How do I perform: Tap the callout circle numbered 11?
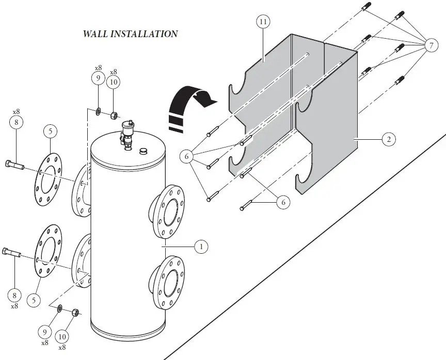pos(263,22)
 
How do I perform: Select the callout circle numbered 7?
pos(431,46)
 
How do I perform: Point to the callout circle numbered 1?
pos(201,247)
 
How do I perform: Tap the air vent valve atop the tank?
pos(125,134)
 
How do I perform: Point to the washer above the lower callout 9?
pos(60,308)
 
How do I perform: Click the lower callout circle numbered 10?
pos(62,336)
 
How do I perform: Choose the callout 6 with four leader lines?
pos(188,155)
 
